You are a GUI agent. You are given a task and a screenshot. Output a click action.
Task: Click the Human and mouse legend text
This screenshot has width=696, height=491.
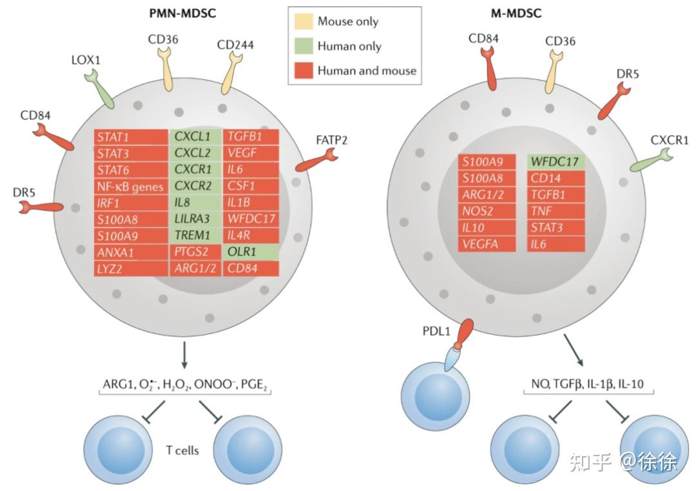(367, 70)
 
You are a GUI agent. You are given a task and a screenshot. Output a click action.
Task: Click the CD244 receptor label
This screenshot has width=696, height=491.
(235, 45)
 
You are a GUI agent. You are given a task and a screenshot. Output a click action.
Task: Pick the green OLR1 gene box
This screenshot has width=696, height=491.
(251, 252)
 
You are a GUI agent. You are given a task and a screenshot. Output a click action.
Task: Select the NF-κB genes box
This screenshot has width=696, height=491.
(131, 186)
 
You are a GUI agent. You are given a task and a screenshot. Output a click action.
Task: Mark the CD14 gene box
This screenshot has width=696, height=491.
(556, 179)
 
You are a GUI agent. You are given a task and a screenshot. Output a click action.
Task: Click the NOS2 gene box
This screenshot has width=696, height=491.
(488, 212)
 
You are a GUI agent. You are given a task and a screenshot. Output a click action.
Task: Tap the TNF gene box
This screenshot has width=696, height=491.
(556, 212)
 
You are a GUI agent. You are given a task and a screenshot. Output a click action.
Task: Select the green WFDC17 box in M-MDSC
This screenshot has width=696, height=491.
(556, 162)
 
